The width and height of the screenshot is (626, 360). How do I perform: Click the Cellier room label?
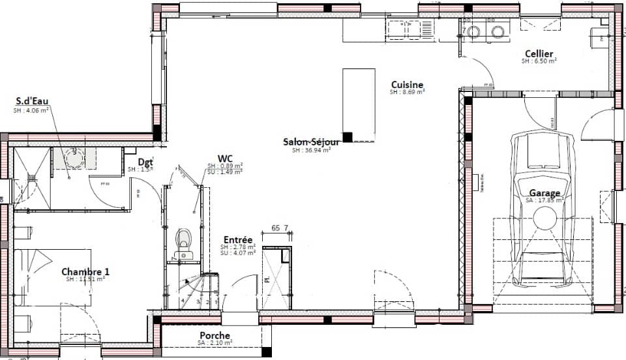(x=539, y=53)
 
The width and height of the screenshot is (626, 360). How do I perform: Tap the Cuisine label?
(x=408, y=85)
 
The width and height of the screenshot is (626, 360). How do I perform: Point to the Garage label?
(x=544, y=193)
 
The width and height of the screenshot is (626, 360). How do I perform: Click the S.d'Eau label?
(x=33, y=101)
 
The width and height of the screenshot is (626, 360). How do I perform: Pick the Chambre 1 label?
(x=85, y=271)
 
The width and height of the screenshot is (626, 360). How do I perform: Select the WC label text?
(x=226, y=158)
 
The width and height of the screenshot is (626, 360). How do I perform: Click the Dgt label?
(x=145, y=162)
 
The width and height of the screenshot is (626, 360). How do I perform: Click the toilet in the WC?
(x=184, y=239)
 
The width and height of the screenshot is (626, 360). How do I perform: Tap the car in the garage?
(x=543, y=209)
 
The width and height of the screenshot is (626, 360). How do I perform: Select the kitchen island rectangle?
(x=359, y=104)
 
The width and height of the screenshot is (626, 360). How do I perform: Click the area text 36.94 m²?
(x=312, y=150)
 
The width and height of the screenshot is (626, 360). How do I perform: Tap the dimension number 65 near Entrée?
(x=275, y=228)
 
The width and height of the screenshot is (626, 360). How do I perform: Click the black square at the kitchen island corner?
(x=348, y=137)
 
